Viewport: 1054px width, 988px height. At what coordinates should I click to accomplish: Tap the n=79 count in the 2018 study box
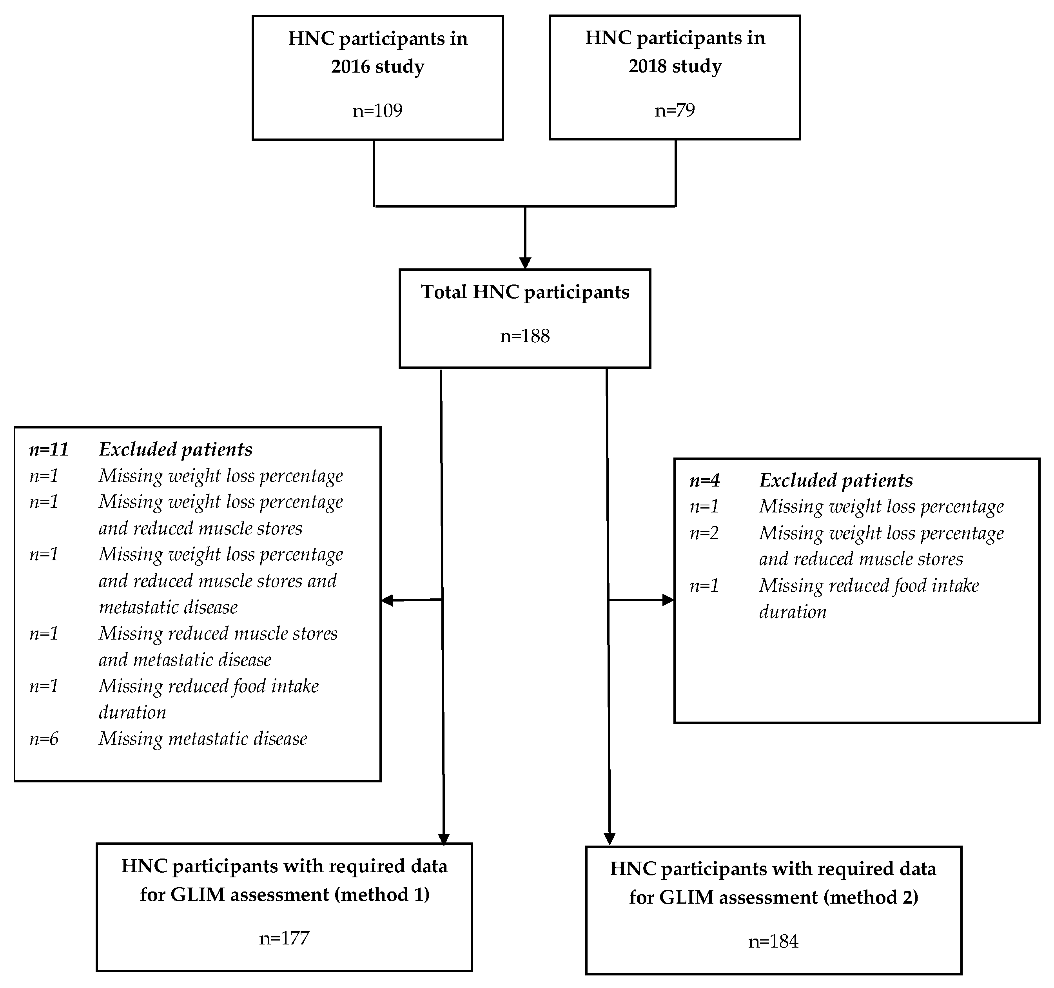[675, 110]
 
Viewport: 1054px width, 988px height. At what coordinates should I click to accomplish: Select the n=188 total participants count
[525, 336]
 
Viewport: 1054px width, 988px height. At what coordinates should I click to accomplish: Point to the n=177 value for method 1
[284, 938]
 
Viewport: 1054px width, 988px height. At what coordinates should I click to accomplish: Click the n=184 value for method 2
[773, 941]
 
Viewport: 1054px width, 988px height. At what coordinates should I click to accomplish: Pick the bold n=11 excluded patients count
[49, 449]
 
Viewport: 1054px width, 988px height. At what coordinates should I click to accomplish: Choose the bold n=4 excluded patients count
[705, 480]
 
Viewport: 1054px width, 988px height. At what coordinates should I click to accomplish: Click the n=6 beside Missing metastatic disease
[44, 738]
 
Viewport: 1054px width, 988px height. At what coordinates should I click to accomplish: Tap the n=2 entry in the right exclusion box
[704, 533]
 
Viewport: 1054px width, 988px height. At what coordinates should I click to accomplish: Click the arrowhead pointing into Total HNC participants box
[525, 263]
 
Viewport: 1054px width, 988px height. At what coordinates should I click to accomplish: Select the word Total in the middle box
[444, 292]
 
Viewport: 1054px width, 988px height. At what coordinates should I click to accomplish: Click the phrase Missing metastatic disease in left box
[203, 738]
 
